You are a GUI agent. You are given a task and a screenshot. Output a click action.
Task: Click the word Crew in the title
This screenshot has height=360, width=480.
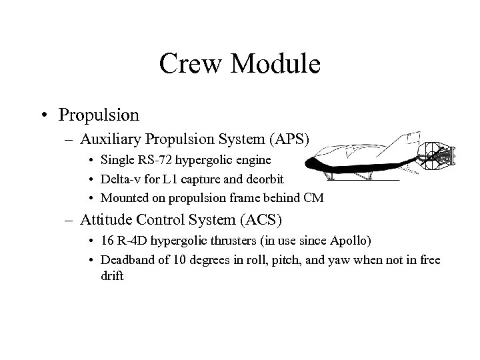[189, 64]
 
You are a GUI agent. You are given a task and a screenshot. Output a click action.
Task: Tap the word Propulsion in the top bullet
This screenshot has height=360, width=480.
[99, 115]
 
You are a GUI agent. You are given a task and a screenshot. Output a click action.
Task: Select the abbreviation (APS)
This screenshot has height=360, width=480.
[288, 139]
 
